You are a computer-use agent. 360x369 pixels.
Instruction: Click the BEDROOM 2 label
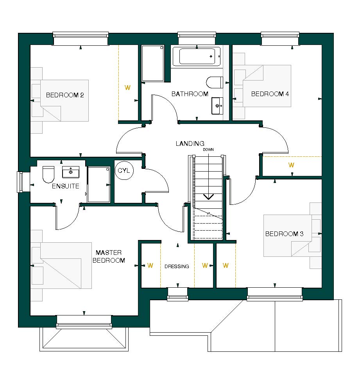tap(65, 95)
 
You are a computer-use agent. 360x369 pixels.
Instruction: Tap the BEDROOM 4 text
tap(270, 94)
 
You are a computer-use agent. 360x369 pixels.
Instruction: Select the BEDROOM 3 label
tap(284, 234)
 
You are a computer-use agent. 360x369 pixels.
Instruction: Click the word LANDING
tap(190, 144)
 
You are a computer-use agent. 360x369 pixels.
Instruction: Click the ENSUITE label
tap(66, 186)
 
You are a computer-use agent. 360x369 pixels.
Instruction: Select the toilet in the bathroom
tap(214, 82)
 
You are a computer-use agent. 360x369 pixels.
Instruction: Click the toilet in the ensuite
tap(48, 174)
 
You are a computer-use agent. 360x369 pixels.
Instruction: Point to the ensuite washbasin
tap(71, 172)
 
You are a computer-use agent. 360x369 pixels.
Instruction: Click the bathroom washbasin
tap(218, 106)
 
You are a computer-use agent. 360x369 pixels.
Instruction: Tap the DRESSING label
tap(177, 266)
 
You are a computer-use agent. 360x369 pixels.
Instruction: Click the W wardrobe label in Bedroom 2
tap(127, 88)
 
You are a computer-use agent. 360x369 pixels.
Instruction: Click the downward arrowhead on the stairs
tap(208, 197)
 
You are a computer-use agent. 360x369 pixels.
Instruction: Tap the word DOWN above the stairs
tap(208, 150)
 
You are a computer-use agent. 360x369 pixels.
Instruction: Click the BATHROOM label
tap(190, 94)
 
